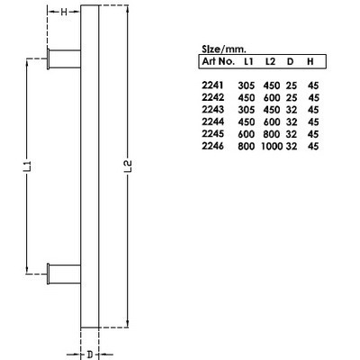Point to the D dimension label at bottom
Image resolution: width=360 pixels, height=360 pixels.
click(x=90, y=354)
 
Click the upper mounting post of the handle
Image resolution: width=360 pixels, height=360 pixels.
click(x=64, y=61)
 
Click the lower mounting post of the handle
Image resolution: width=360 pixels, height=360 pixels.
click(x=64, y=269)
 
